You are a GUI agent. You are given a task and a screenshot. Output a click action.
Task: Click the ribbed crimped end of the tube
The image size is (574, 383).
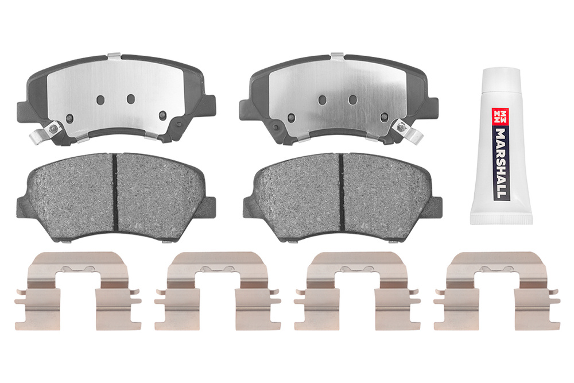(x=502, y=219)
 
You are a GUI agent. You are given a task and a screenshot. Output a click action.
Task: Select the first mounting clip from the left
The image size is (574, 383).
(x=77, y=291)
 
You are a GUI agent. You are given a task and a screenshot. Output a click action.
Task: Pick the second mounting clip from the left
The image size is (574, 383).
(x=218, y=291)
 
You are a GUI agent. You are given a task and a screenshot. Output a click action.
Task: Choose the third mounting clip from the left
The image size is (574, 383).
(x=357, y=291)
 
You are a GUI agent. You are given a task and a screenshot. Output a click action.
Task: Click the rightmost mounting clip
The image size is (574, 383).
(x=497, y=291)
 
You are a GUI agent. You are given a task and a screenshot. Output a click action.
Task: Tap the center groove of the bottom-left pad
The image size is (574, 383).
(x=115, y=192)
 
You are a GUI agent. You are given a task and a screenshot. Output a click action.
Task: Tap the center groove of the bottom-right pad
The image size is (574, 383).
(x=342, y=192)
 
